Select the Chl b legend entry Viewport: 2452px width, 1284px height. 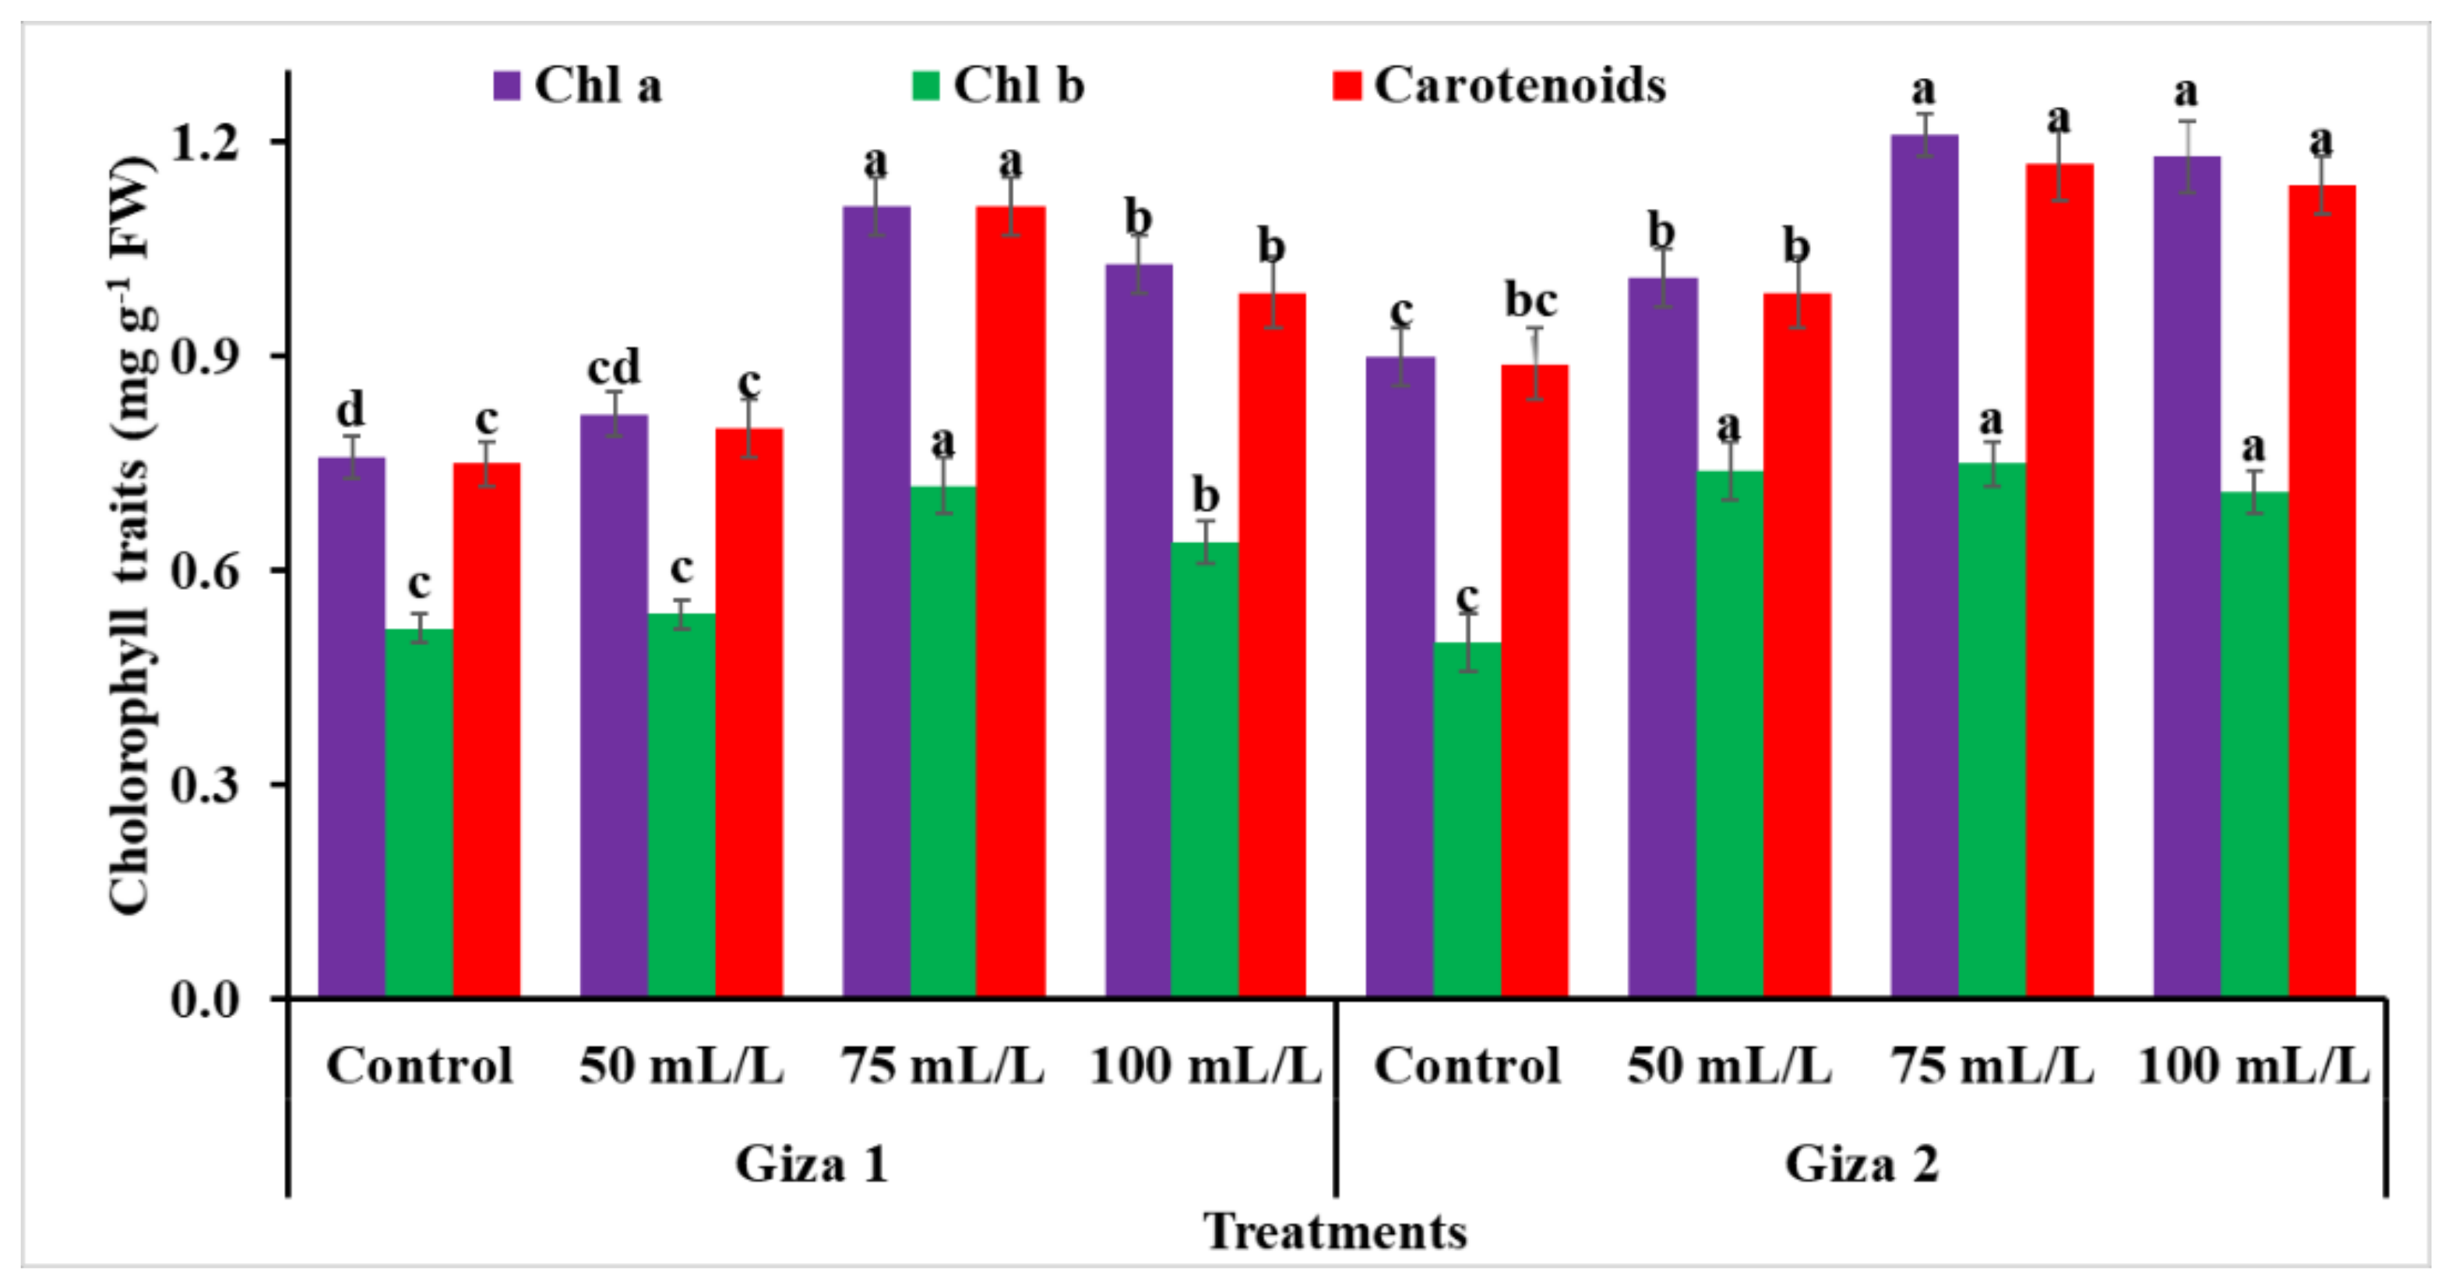[998, 86]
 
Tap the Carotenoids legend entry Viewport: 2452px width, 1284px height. [1499, 86]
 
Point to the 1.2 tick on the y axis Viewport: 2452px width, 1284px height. [205, 142]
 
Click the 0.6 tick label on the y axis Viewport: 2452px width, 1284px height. [205, 571]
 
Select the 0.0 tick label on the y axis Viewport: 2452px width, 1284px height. [205, 1000]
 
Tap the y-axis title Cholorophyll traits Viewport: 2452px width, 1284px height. [132, 533]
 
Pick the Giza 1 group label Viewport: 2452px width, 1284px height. [811, 1163]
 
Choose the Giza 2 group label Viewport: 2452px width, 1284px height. [1860, 1163]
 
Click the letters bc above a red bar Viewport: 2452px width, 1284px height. [1531, 301]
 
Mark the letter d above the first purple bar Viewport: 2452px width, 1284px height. [351, 409]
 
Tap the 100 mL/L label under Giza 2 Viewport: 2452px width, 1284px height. [2253, 1066]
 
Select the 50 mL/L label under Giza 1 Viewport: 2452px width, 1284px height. [681, 1066]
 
